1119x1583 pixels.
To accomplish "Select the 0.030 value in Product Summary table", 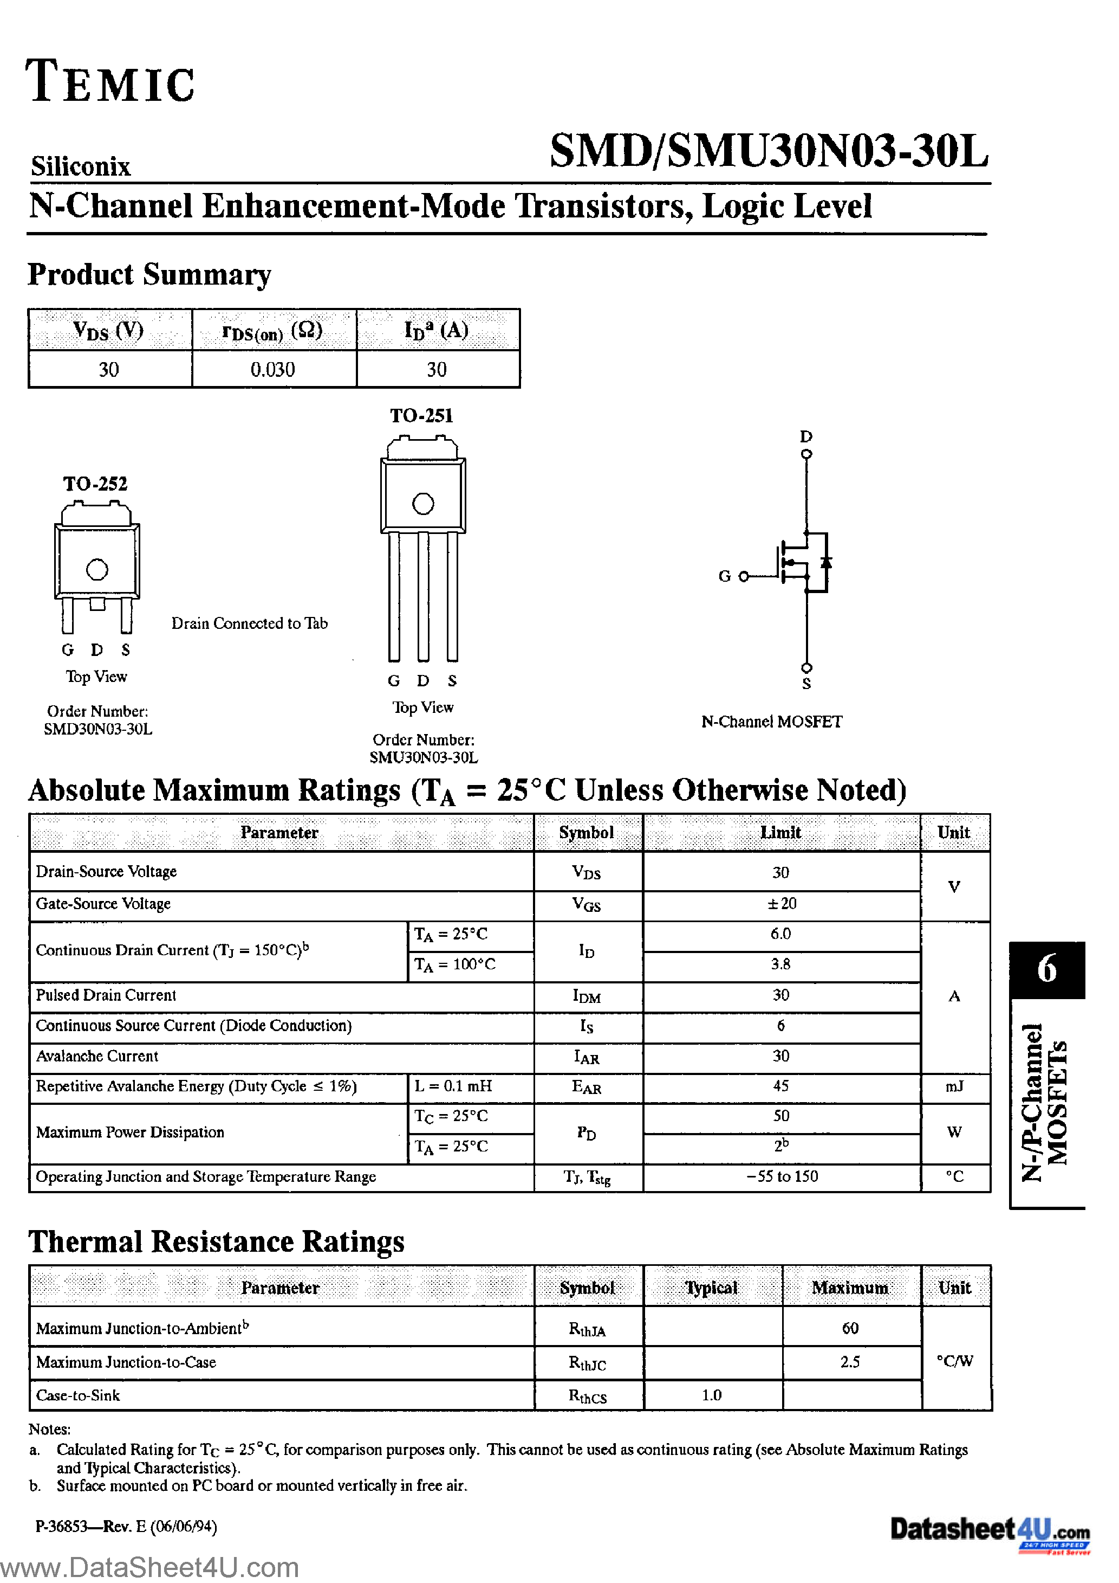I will [x=272, y=370].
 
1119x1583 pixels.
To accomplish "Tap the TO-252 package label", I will [x=95, y=484].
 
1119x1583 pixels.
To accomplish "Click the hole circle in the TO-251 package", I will [x=423, y=504].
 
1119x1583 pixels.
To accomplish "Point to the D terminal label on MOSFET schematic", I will [x=806, y=436].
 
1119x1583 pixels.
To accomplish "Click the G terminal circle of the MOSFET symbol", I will [x=744, y=576].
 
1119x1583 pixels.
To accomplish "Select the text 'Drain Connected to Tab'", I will [x=250, y=623].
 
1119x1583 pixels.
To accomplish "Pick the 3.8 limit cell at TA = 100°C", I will [x=780, y=964].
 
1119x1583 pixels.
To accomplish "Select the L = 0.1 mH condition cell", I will [x=453, y=1086].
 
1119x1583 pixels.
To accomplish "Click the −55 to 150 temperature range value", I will [x=782, y=1177].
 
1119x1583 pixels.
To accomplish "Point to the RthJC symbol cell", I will [x=587, y=1362].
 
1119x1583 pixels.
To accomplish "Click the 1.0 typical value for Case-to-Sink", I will [x=711, y=1395].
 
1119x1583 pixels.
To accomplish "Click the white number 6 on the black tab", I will [x=1046, y=969].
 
